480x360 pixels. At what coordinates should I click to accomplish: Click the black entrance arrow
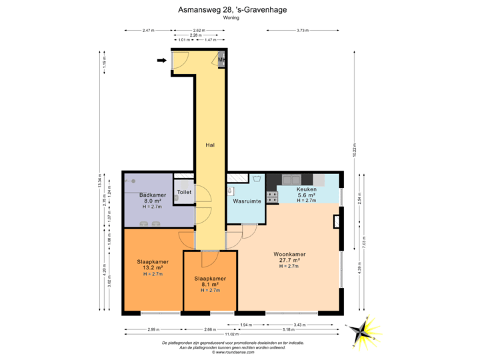point(161,61)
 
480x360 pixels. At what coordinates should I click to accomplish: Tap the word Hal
point(209,145)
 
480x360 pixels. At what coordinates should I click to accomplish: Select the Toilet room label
point(184,192)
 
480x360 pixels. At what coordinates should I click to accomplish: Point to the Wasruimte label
point(246,201)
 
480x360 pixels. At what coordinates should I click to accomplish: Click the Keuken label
point(307,189)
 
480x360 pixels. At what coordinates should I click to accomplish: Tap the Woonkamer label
point(289,254)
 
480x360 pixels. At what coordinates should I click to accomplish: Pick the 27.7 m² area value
point(289,260)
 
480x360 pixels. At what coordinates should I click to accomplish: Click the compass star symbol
point(365,329)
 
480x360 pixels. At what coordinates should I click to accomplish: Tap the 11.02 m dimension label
point(231,333)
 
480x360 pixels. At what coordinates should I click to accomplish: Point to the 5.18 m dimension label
point(289,329)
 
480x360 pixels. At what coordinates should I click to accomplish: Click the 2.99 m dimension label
point(153,329)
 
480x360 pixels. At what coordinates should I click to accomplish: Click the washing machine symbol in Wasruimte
point(255,179)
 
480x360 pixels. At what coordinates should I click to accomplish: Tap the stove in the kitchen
point(271,196)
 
